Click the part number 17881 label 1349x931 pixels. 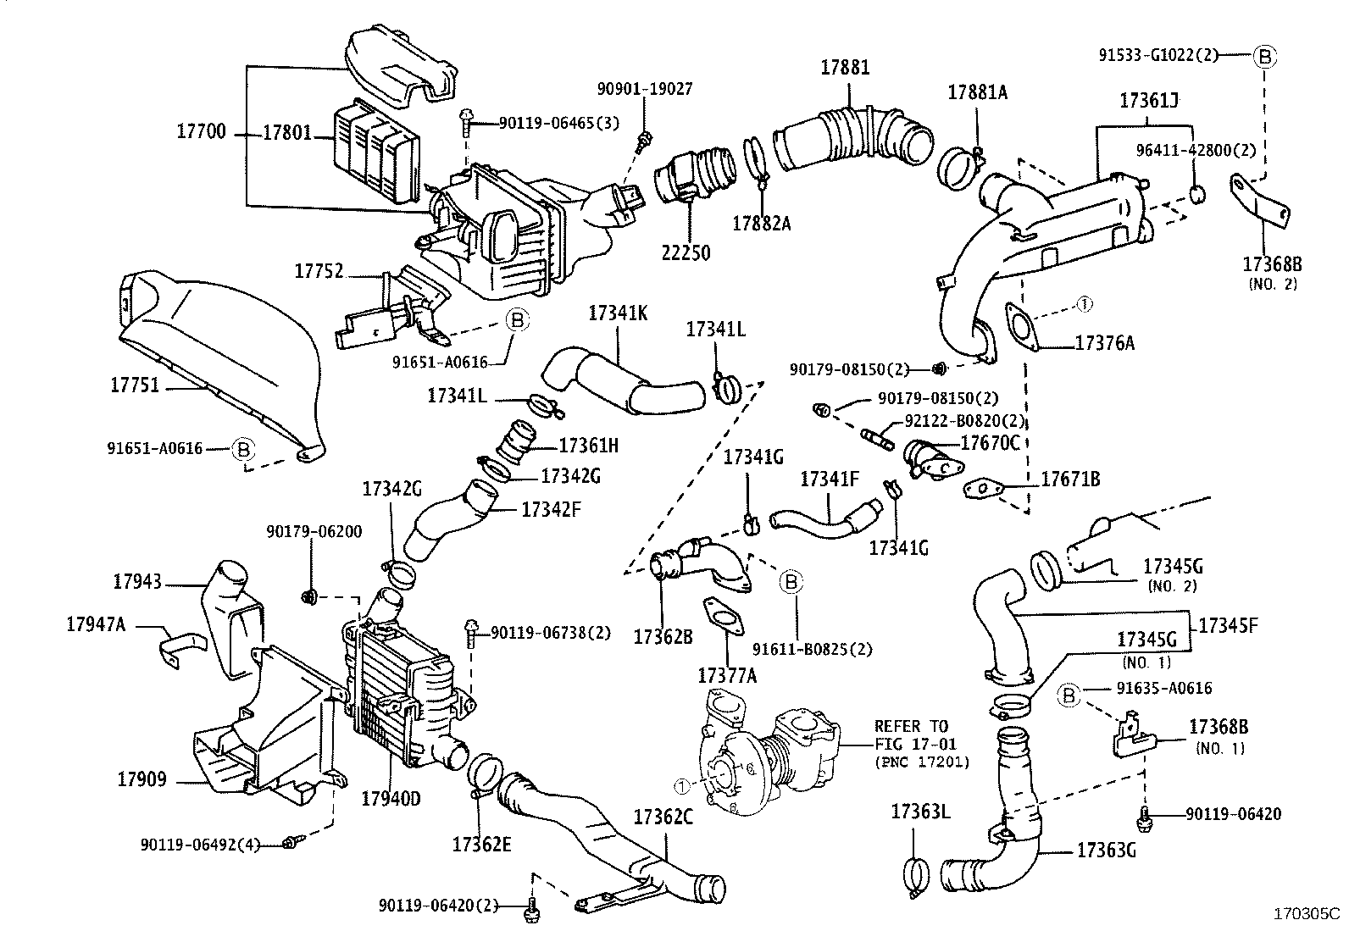tap(844, 68)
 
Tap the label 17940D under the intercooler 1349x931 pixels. tap(391, 798)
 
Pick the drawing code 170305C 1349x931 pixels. tap(1307, 914)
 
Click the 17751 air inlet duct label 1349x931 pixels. tap(135, 385)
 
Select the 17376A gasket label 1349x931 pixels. tap(1104, 342)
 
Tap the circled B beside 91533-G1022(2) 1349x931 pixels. tap(1263, 57)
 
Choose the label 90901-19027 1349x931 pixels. tap(645, 88)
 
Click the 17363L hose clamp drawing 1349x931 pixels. tap(914, 876)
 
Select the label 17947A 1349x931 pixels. tap(96, 624)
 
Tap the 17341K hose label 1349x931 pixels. tap(618, 313)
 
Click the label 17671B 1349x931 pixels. tap(1070, 479)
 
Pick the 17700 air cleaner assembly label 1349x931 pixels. tap(202, 132)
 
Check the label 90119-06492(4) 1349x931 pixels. tap(200, 845)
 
